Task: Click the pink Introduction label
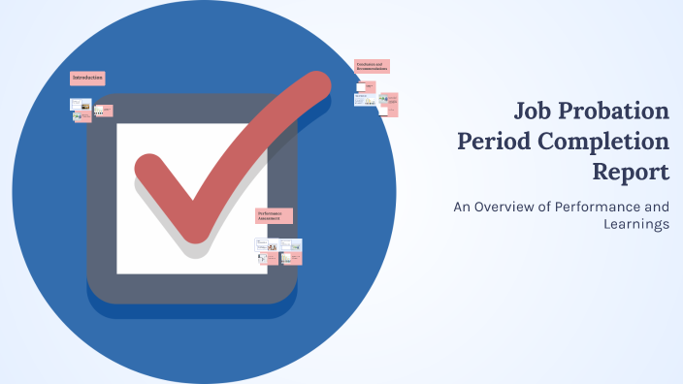pos(87,78)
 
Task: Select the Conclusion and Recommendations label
pos(372,67)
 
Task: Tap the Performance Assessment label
pos(275,216)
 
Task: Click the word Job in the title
pos(536,110)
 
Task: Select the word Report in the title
pos(631,173)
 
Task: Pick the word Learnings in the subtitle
pos(635,225)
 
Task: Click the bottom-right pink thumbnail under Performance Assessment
pos(293,259)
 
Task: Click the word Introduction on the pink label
pos(87,78)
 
